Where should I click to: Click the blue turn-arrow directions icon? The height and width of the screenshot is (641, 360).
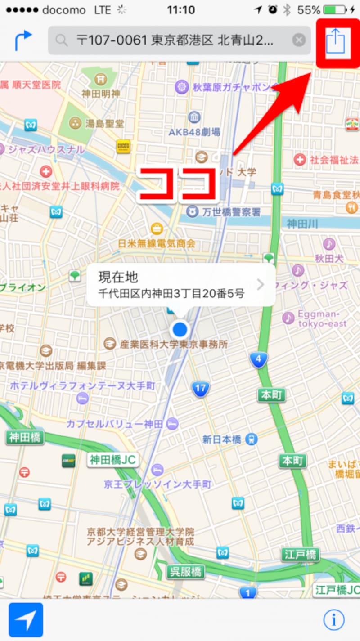(23, 40)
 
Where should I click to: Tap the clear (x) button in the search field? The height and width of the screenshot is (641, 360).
(299, 40)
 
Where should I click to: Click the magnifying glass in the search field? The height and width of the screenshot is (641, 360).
(62, 41)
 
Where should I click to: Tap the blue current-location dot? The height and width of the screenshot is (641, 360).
(180, 330)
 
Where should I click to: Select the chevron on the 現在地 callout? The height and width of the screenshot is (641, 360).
(260, 284)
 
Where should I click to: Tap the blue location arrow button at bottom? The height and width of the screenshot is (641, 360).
(26, 620)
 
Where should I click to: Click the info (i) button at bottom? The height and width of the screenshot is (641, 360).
(333, 620)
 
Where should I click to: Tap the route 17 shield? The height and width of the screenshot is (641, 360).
(200, 389)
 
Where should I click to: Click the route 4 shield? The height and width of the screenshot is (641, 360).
(258, 359)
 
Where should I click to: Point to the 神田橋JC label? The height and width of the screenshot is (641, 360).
(113, 460)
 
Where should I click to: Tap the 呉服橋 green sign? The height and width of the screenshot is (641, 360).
(186, 572)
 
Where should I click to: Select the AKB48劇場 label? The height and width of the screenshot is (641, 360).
(194, 132)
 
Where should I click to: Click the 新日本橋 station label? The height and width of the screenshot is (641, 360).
(222, 439)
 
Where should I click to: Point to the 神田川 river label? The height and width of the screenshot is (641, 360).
(303, 222)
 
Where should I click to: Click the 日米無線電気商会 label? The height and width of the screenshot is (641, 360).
(157, 243)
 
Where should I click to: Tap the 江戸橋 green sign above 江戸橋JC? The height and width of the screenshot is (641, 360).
(301, 555)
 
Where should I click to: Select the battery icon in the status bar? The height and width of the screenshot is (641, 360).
(334, 10)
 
